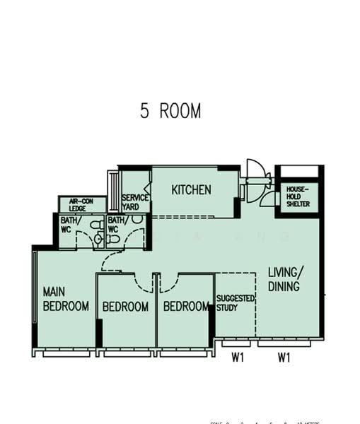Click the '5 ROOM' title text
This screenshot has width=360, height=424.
pos(170,112)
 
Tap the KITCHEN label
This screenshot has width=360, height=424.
pos(191,190)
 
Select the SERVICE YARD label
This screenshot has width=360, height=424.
pos(134,202)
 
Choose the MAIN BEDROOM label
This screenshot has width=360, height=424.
pos(66,298)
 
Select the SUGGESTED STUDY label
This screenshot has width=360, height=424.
pos(236,303)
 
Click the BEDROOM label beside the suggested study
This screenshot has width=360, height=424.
pos(187,307)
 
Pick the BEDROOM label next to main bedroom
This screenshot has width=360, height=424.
pos(125,307)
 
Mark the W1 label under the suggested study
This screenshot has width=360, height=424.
pos(238,358)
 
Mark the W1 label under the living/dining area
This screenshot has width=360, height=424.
pos(284,358)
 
